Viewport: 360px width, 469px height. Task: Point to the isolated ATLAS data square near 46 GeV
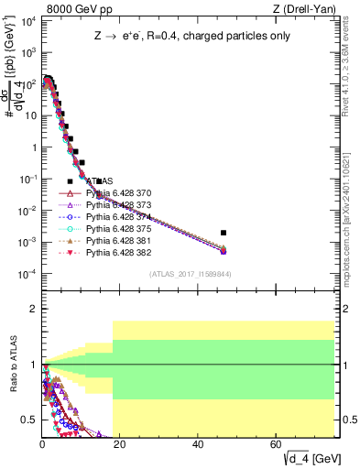coord(224,233)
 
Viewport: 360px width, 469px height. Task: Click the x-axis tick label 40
coord(199,444)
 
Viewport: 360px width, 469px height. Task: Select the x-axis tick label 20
coord(121,444)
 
